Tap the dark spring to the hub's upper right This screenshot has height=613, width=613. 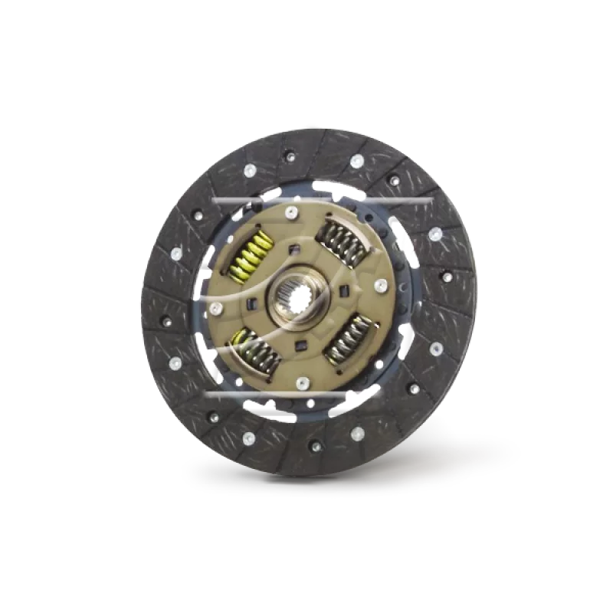pos(343,241)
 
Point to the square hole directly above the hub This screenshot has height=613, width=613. pos(293,247)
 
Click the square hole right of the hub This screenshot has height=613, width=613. pos(344,290)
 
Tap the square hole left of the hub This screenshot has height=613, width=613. pos(251,301)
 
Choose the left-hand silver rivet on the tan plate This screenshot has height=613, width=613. pos(216,307)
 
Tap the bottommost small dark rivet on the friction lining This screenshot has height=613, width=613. pos(314,444)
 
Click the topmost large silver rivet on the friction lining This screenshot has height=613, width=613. pos(356,161)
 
